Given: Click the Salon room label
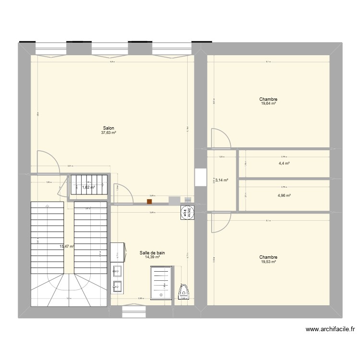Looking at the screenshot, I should coord(108,128).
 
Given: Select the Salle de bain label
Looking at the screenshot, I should coord(152,252).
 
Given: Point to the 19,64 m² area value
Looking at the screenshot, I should coord(268,103).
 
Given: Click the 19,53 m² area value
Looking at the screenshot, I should coord(268,262).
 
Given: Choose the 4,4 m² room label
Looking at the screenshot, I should coord(284,164).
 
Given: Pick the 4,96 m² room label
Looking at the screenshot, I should coord(284,195).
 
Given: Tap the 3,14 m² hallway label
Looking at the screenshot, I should coord(222,180).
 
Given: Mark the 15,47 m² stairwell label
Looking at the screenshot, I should coord(66,246).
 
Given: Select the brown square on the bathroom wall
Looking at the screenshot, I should coord(149,202).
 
